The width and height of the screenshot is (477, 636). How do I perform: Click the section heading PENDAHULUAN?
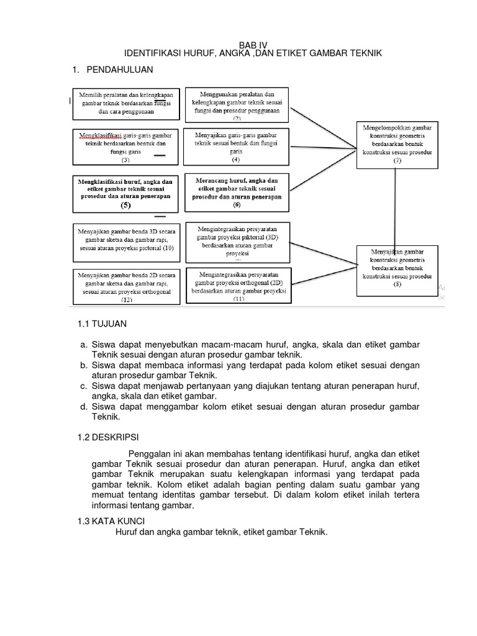pos(119,69)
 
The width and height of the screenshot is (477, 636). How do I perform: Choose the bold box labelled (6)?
pos(236,191)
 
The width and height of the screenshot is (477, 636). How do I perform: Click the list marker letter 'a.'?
pos(83,344)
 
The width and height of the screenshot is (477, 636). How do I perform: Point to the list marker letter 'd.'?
pos(83,406)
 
